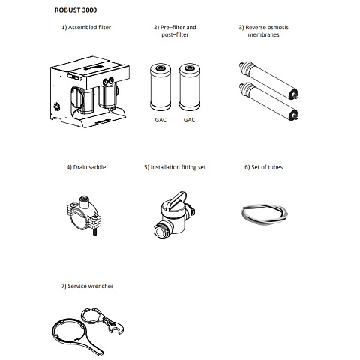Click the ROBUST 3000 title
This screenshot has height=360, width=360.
tap(76, 10)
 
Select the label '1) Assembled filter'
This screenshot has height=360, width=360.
tap(86, 27)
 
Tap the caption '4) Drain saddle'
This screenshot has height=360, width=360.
tap(86, 167)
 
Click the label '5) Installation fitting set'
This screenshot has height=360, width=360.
tap(175, 167)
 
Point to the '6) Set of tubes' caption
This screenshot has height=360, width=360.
tap(263, 167)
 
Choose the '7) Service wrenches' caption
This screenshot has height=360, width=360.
tap(87, 286)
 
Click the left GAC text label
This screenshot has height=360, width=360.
tap(160, 120)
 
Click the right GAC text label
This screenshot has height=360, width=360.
tap(189, 120)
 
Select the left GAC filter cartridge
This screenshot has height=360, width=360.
tap(160, 87)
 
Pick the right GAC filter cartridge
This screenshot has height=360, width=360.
tap(190, 87)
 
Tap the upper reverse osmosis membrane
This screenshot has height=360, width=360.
tap(268, 80)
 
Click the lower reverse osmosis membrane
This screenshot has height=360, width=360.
tap(268, 101)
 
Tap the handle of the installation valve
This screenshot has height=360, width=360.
tap(177, 199)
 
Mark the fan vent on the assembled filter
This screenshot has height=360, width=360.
tap(57, 106)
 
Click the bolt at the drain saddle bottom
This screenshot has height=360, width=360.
tap(95, 232)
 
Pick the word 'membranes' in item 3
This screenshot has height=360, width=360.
tap(263, 34)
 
